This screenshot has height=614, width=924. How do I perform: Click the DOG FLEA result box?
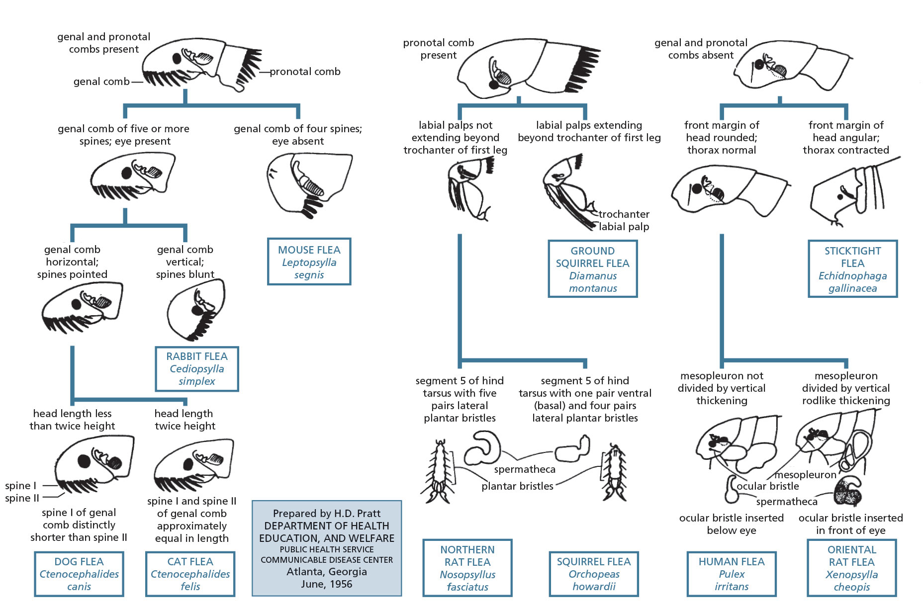[x=79, y=574]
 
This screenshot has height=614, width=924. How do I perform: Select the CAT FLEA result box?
[x=190, y=574]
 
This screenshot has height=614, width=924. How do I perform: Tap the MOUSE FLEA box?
[x=309, y=262]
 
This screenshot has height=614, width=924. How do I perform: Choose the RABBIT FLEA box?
[x=197, y=369]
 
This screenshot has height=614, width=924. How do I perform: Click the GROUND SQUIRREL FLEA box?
[x=593, y=269]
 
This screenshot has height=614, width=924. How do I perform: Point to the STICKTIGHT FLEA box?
[x=852, y=269]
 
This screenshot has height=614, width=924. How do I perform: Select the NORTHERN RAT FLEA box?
[x=467, y=568]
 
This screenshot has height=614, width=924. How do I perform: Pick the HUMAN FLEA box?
[x=732, y=574]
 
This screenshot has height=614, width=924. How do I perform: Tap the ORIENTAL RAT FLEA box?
[x=851, y=568]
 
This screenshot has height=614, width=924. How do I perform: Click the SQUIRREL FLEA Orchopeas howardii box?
[x=594, y=574]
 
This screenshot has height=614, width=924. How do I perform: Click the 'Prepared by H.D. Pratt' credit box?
[x=327, y=548]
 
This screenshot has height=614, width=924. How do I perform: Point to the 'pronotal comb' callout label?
[x=305, y=72]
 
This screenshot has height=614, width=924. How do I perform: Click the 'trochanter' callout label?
[x=624, y=214]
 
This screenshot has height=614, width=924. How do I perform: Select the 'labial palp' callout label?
[x=624, y=227]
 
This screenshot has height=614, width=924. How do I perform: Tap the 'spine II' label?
[x=22, y=498]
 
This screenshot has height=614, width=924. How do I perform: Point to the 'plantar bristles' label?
[x=517, y=486]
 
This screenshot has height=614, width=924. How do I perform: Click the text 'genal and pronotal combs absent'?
[x=701, y=49]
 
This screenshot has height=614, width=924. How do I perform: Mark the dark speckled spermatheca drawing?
[x=848, y=492]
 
